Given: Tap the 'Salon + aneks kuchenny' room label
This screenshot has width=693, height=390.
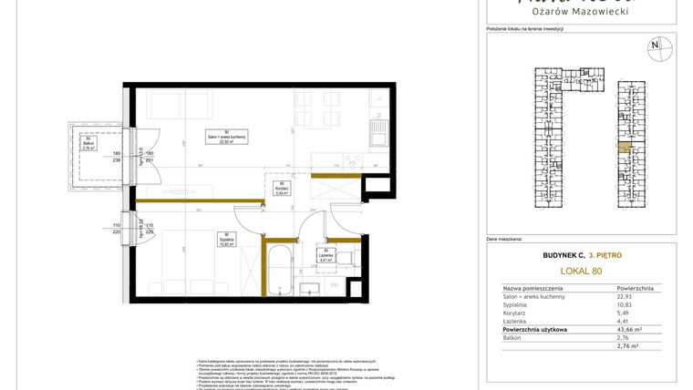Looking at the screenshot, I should tap(215, 138).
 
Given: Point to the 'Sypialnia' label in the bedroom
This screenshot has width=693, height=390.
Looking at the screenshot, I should tap(225, 241).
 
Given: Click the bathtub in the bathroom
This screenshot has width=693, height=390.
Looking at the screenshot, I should tap(277, 269).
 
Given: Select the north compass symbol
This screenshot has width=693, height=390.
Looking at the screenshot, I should tap(654, 46).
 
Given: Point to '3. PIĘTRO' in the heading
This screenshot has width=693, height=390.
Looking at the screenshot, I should tap(605, 255).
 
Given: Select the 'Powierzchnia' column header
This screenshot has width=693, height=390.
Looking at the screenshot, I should tap(635, 287).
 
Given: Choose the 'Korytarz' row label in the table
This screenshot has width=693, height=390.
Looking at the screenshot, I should tap(516, 313).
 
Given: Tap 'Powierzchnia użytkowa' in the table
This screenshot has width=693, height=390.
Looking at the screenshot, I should tap(535, 329).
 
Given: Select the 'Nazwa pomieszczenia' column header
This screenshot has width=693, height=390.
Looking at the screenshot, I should tap(533, 287).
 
